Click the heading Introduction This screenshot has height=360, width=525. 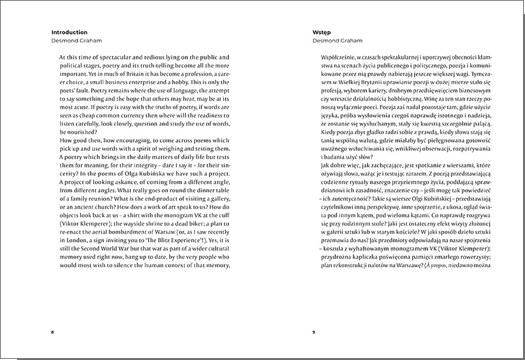tap(69, 32)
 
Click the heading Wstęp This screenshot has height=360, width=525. tap(324, 32)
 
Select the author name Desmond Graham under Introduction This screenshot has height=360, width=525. tap(76, 41)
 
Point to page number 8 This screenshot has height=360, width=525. tap(53, 332)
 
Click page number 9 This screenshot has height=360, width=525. tap(314, 332)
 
